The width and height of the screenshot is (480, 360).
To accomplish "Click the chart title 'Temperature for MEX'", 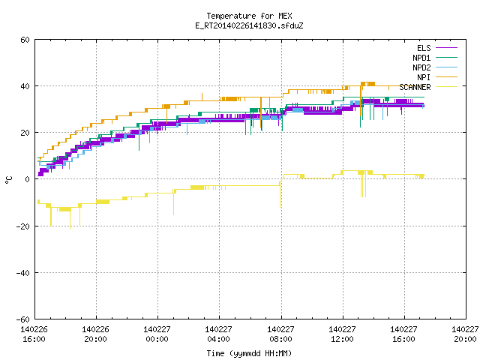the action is (249, 16).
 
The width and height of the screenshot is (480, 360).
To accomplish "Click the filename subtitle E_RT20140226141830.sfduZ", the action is (249, 25).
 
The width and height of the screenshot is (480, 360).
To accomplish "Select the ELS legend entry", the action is (437, 48).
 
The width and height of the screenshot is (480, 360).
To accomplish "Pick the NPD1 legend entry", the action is (435, 58).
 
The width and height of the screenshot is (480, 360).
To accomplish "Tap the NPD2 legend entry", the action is (435, 67).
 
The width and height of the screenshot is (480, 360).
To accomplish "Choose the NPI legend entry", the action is (437, 77).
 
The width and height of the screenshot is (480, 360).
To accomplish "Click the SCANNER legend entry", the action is (428, 87).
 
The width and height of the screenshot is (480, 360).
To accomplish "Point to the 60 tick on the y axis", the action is (25, 40).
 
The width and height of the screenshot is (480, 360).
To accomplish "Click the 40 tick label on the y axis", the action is (25, 86).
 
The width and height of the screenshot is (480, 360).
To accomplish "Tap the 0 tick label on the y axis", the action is (27, 179).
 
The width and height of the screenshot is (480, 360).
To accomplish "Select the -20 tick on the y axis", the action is (23, 226).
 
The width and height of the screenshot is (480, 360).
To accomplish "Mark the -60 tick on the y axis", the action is (23, 319).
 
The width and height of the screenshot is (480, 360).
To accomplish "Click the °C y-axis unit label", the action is (8, 180).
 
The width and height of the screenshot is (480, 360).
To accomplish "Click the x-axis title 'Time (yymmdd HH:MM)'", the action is (249, 353).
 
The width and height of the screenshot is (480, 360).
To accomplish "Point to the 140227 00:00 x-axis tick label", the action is (157, 334).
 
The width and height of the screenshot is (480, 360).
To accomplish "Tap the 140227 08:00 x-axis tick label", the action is (280, 334).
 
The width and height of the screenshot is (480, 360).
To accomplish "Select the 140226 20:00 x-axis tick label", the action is (95, 334).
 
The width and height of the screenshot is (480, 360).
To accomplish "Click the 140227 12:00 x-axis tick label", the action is (342, 334).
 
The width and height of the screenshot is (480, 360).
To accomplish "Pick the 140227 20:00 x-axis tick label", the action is (465, 334).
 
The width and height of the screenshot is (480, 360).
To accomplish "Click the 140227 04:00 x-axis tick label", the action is (218, 334).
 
